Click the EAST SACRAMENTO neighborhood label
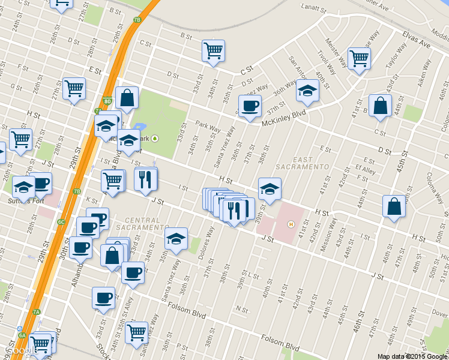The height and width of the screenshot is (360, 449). pyautogui.click(x=303, y=162)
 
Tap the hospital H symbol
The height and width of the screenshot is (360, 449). pyautogui.click(x=291, y=224)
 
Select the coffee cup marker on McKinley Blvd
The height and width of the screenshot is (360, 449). pyautogui.click(x=250, y=106)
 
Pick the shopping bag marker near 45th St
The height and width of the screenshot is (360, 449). pyautogui.click(x=394, y=207)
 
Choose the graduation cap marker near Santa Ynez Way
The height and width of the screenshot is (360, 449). pyautogui.click(x=176, y=239)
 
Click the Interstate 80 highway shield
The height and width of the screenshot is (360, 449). pyautogui.click(x=106, y=100)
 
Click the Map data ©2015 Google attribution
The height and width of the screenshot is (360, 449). pyautogui.click(x=412, y=356)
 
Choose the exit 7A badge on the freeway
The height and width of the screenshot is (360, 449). pyautogui.click(x=36, y=312)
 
